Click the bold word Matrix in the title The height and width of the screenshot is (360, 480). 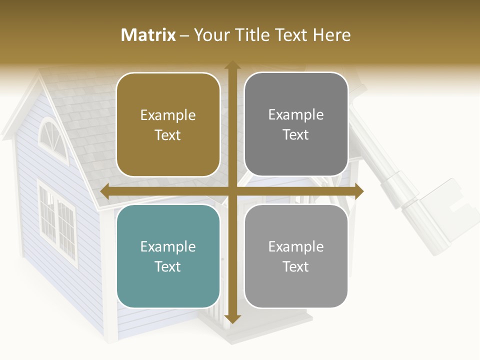[148, 35]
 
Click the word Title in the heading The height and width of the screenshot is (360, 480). [248, 35]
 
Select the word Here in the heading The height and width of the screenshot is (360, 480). [332, 35]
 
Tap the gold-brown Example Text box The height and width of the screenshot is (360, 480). [168, 125]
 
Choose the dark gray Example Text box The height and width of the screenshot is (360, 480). [296, 124]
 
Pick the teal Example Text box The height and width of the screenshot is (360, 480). [168, 256]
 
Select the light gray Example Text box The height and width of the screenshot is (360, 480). [296, 256]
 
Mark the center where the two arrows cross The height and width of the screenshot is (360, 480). [232, 191]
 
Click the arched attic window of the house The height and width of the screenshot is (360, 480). [51, 137]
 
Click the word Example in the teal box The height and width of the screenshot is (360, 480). [168, 246]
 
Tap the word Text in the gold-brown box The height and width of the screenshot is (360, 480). [168, 135]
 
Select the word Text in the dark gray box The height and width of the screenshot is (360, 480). [296, 134]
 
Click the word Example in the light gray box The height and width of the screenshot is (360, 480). [296, 246]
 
